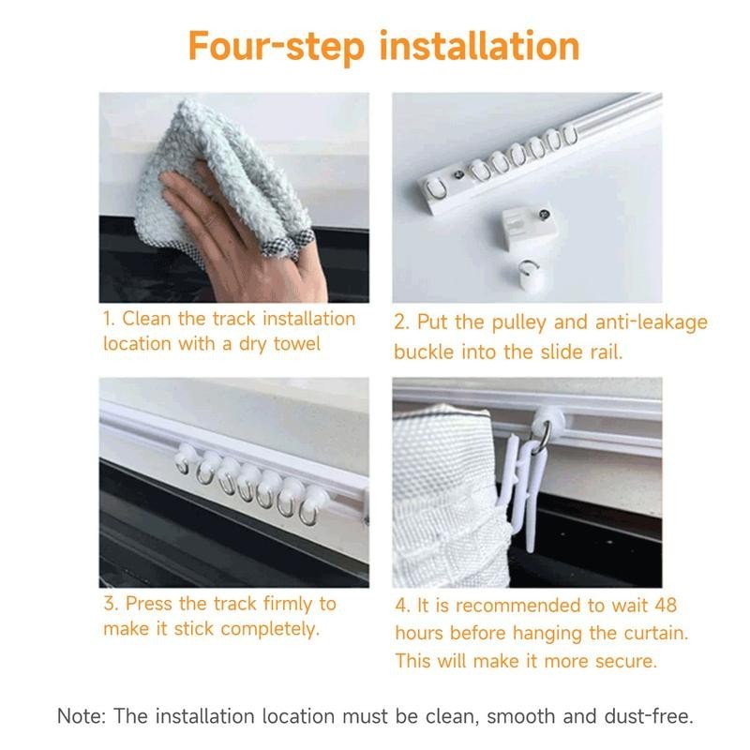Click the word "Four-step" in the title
click(277, 46)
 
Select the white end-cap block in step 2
click(530, 226)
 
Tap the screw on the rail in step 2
click(458, 174)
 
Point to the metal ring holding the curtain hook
click(542, 439)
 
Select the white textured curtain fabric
click(450, 498)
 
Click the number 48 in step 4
click(666, 606)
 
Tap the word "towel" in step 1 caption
click(296, 343)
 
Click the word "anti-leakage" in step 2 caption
click(652, 322)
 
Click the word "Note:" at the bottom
click(82, 716)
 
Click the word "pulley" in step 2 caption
click(519, 322)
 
